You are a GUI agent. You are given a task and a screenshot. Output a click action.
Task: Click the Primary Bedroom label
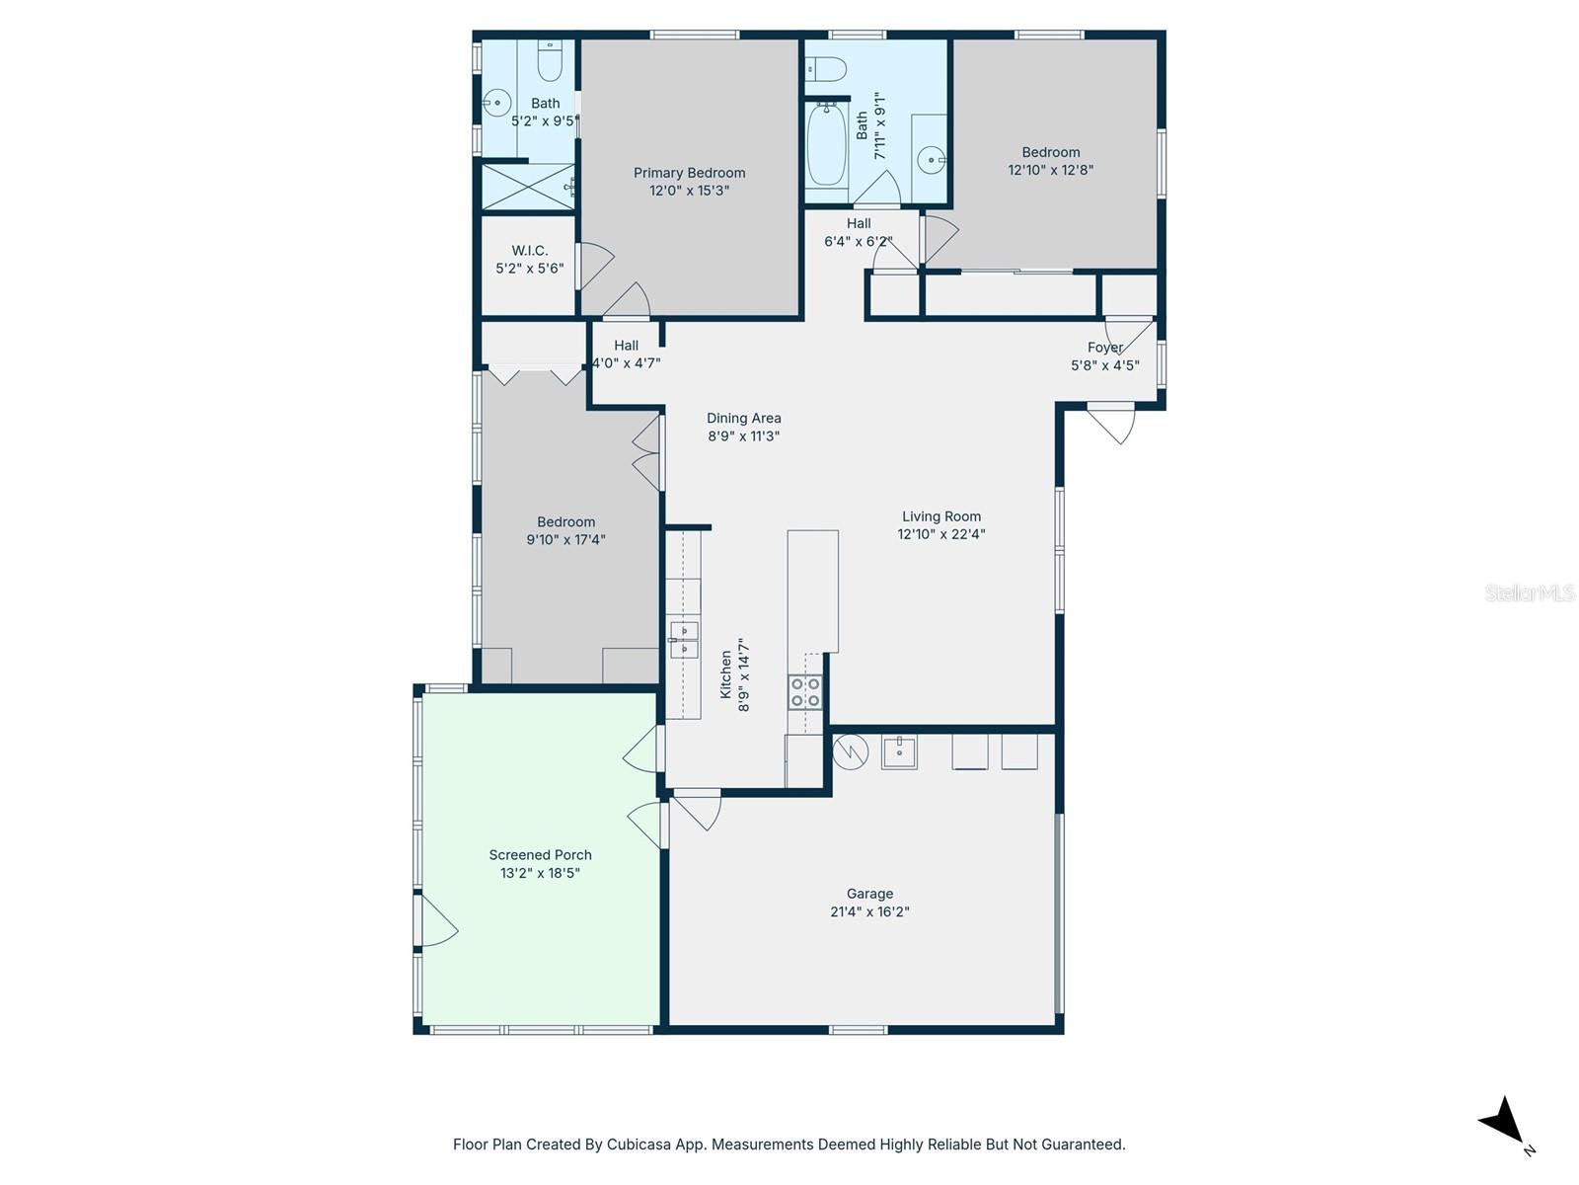point(689,173)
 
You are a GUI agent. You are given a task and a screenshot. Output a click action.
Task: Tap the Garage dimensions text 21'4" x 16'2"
point(869,912)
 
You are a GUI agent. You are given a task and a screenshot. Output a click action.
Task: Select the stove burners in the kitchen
point(805,692)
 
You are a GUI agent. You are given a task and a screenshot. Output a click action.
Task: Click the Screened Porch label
point(540,855)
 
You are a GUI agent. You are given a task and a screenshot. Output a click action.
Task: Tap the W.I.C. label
point(529,251)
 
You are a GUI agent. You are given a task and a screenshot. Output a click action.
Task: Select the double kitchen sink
point(684,639)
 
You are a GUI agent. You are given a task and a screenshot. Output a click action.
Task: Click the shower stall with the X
point(528,187)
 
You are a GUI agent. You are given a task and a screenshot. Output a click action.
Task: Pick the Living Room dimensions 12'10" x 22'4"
point(940,534)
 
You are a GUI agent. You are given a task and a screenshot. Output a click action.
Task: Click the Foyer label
point(1104,348)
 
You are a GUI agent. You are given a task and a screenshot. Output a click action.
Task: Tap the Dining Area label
point(743,418)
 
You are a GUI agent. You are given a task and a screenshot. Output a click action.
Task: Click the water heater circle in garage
point(849,752)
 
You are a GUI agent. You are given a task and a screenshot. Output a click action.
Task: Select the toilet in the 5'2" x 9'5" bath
point(550,63)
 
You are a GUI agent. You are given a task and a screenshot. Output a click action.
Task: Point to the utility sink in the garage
point(899,751)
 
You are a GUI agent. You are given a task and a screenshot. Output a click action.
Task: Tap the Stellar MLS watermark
point(1530,592)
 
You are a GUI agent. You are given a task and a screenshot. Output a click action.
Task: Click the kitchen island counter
point(812,591)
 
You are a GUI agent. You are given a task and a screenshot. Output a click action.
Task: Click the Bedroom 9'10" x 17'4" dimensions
point(565,540)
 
